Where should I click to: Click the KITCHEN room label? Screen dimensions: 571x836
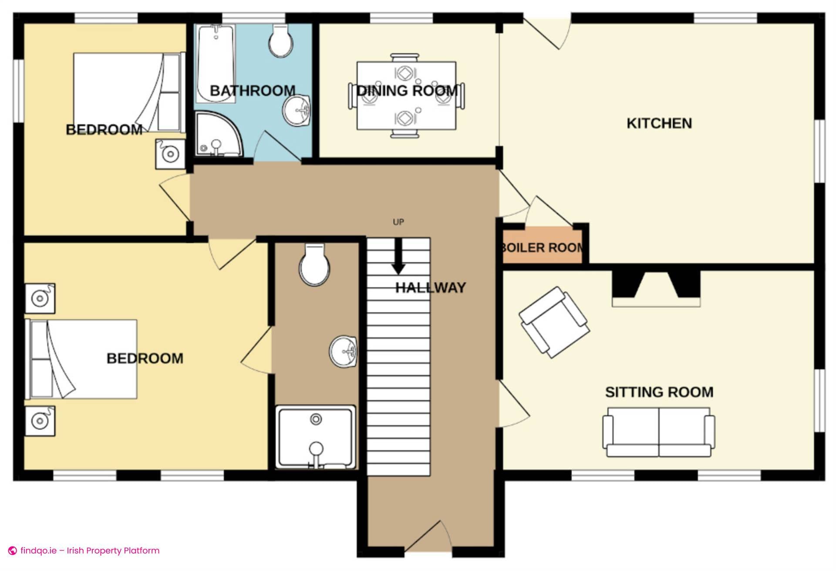tap(659, 123)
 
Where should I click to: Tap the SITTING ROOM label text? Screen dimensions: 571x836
tap(659, 392)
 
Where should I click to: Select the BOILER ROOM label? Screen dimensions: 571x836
tap(542, 248)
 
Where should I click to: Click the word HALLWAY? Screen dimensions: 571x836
tap(430, 287)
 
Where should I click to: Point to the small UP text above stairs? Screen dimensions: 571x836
tap(398, 222)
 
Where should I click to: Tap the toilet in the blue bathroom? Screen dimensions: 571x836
tap(281, 41)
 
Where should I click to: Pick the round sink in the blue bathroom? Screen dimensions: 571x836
tap(297, 111)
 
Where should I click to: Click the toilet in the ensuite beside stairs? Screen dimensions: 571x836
tap(314, 265)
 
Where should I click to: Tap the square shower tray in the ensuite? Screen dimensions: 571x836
tap(316, 437)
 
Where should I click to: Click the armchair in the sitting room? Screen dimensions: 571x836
tap(554, 322)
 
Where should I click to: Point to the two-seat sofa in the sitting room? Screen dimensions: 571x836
tap(658, 432)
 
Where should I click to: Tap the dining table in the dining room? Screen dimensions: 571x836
tap(406, 96)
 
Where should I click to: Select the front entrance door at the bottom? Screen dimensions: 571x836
tap(429, 540)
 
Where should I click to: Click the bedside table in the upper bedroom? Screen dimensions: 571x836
tap(170, 154)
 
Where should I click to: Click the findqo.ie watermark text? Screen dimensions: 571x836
tap(90, 551)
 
